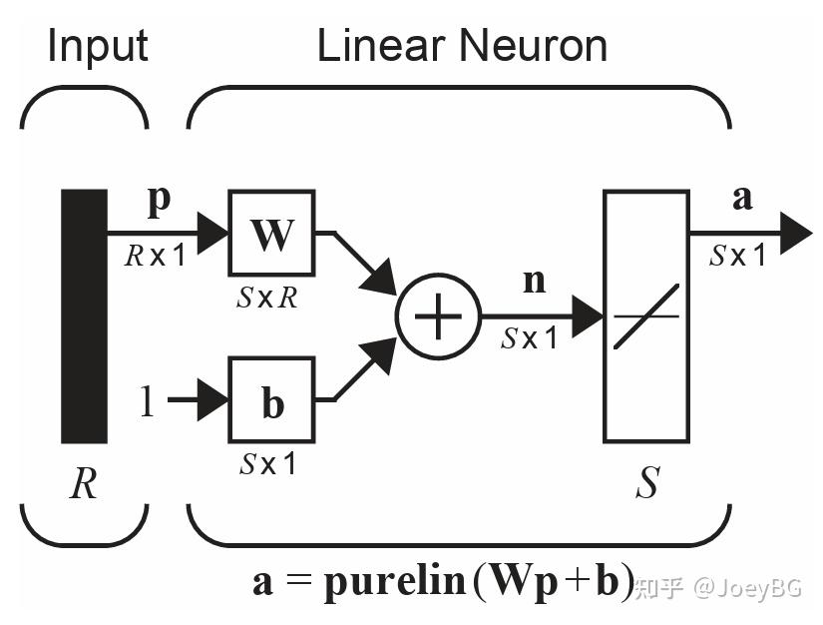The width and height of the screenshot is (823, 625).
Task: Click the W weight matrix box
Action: point(271,234)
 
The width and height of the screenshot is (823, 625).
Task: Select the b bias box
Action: point(271,399)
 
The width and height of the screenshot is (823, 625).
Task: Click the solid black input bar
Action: point(84,315)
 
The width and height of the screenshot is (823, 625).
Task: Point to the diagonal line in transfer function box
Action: point(645,316)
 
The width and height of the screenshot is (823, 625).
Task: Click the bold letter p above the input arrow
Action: point(159,200)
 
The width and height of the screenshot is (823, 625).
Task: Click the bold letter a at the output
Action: point(742,198)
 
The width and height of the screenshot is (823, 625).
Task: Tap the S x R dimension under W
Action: point(268,298)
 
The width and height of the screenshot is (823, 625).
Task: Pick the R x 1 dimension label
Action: point(155,257)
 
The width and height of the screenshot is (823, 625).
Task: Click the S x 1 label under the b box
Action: point(268,464)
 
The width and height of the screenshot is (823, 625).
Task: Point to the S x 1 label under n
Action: point(530,339)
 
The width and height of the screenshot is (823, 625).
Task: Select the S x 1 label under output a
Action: point(738,257)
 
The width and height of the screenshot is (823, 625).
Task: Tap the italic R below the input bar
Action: point(83,485)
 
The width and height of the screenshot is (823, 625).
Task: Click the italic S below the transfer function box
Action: point(646,485)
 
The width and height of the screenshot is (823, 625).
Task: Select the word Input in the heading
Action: point(98,46)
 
